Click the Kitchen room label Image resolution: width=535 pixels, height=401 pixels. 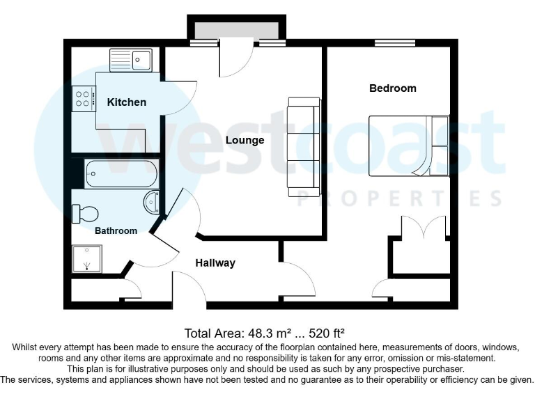tap(126, 102)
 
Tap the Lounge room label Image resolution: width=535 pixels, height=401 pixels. tap(245, 140)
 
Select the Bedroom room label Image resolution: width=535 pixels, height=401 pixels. tap(392, 88)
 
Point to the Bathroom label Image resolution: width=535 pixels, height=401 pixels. tap(116, 230)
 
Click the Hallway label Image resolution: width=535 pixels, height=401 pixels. tap(215, 263)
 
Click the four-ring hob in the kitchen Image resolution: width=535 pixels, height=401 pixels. tap(83, 98)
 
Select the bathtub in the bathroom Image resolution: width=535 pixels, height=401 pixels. tap(121, 173)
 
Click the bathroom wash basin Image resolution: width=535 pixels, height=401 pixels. tap(153, 203)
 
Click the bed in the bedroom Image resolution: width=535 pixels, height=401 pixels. tap(408, 146)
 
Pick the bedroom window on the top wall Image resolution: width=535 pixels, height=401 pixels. tap(394, 45)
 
